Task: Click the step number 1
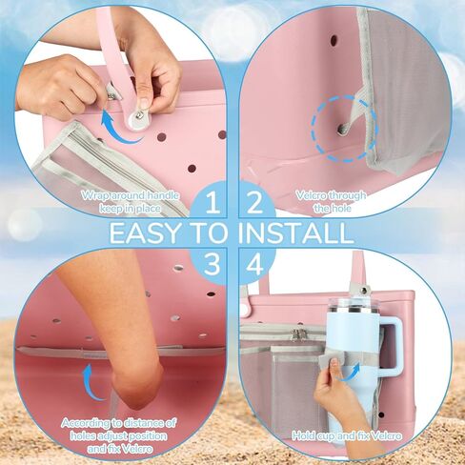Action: [x=213, y=203]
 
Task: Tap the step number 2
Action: [x=254, y=203]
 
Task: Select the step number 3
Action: [x=212, y=264]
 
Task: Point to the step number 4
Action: [x=255, y=264]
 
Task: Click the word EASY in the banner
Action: [x=144, y=233]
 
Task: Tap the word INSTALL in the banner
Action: [x=296, y=233]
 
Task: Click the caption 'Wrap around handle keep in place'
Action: [x=130, y=202]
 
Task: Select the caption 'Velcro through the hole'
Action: [x=331, y=202]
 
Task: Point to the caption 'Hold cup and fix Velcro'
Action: [x=347, y=435]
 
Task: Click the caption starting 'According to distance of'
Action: [x=119, y=435]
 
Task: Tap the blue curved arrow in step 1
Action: [x=117, y=131]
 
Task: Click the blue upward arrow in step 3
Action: [x=92, y=382]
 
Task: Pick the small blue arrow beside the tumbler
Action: [x=350, y=373]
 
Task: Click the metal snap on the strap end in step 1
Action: [x=138, y=116]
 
